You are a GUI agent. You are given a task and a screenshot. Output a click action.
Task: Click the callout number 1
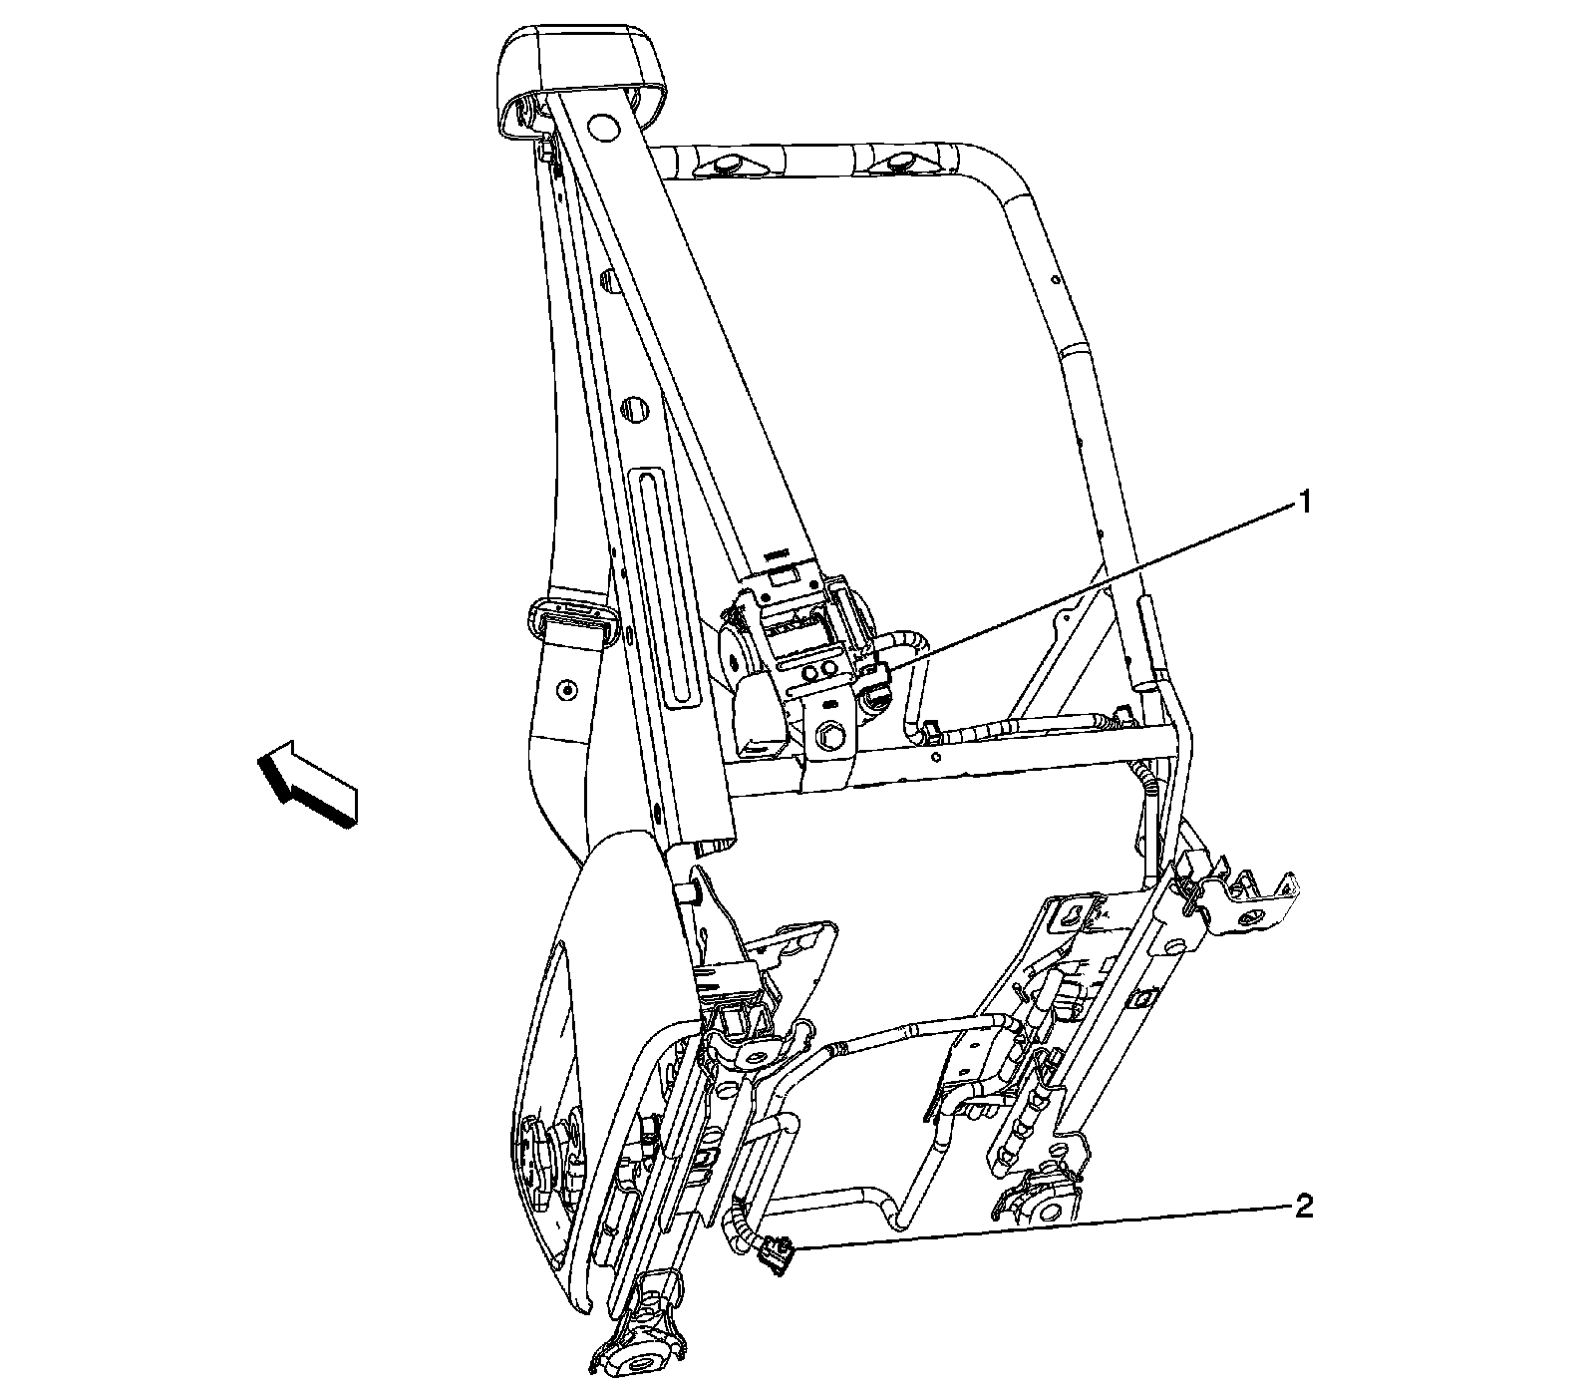coord(1302,503)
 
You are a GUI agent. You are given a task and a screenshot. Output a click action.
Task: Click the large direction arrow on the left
coord(305,782)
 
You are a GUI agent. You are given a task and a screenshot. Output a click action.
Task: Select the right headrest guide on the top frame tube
coord(900,160)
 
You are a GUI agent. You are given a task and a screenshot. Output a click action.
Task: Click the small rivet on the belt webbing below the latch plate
coord(567,689)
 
